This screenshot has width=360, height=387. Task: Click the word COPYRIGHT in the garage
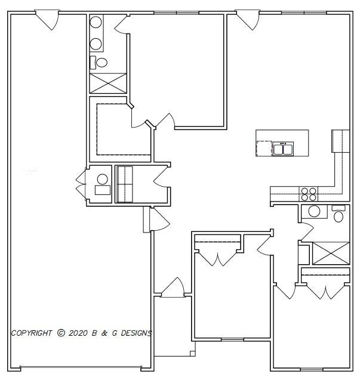(32, 333)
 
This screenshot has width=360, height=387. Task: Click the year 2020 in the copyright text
(78, 333)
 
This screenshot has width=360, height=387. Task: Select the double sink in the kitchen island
(282, 148)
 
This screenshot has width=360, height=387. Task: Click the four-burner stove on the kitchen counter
(309, 194)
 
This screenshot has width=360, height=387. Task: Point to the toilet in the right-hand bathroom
(339, 213)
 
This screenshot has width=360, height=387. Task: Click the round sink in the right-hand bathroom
(314, 211)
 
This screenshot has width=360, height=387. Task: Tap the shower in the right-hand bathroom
(331, 252)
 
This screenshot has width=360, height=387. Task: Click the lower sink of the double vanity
(96, 43)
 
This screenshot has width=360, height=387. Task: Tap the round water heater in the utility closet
(102, 178)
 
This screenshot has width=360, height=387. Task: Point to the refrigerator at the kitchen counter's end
(340, 141)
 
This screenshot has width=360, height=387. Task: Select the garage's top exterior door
(47, 20)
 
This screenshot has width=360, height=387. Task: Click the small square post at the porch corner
(193, 354)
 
